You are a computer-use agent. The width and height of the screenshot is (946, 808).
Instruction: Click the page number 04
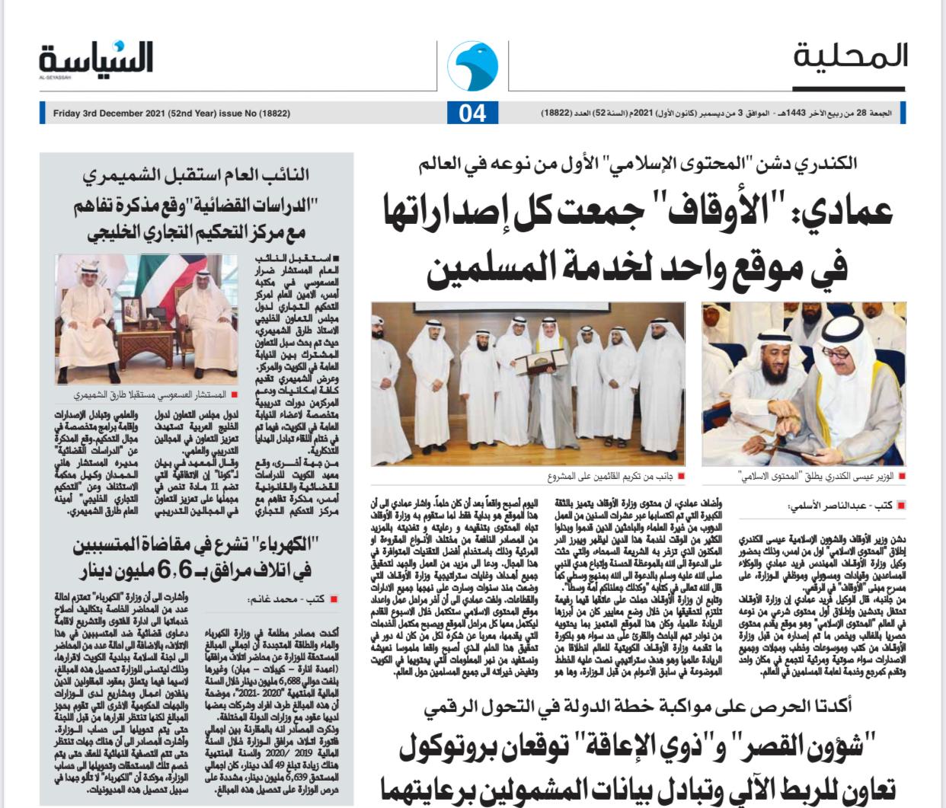[472, 113]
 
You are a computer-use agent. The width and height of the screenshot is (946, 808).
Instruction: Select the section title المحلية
[850, 57]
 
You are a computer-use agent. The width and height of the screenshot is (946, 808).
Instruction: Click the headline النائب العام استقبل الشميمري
[197, 175]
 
